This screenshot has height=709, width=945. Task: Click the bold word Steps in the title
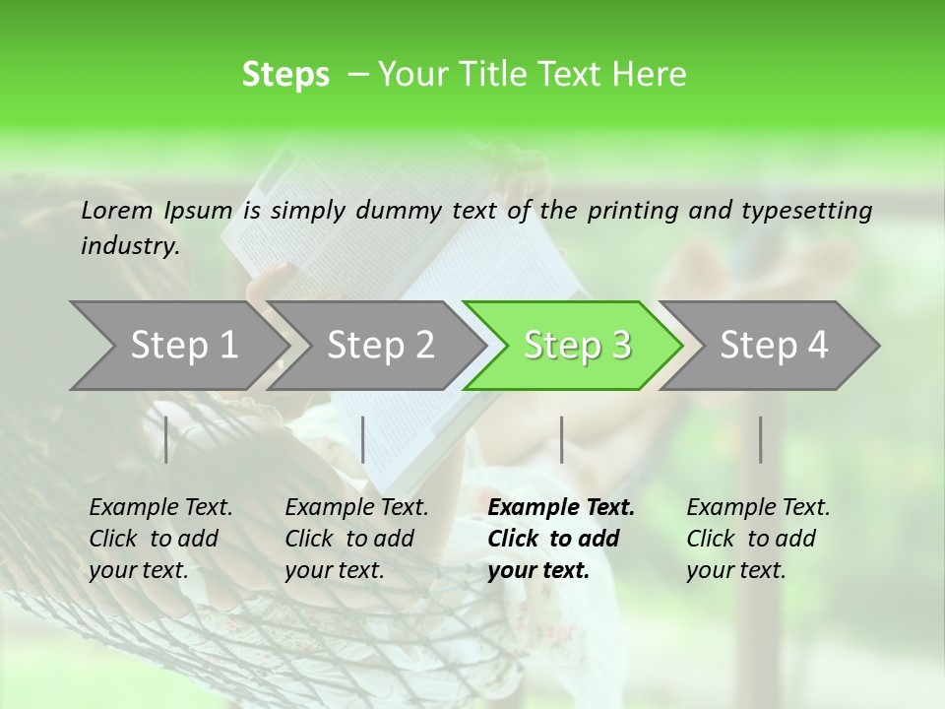[x=285, y=75]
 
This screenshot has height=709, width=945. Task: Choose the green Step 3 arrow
[x=577, y=346]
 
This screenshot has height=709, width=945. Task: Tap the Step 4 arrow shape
[x=774, y=346]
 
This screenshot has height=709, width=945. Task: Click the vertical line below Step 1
[x=166, y=439]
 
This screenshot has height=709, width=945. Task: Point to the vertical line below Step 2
[x=363, y=439]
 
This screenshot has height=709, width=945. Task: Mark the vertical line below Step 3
[x=561, y=439]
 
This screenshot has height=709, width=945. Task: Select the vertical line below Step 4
[x=761, y=439]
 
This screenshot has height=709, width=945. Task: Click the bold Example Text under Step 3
[x=561, y=508]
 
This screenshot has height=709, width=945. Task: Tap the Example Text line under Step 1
[x=160, y=508]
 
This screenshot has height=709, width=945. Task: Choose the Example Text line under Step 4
[x=758, y=508]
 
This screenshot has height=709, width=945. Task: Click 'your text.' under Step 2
[x=335, y=570]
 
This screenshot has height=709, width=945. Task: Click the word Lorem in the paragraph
[x=117, y=210]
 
